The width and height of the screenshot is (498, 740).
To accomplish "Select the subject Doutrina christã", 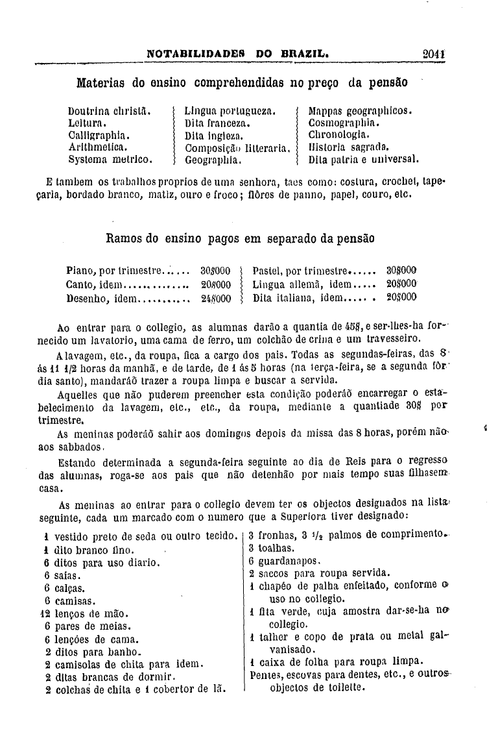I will point(110,111).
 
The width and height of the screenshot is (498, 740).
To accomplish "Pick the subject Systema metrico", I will point(110,158).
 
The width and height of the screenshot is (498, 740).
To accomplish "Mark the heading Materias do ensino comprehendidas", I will point(242,83).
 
